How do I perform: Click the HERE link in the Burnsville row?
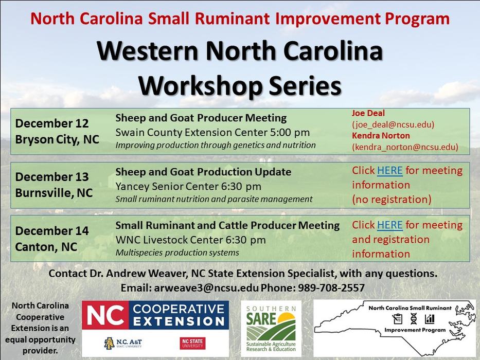click(x=389, y=171)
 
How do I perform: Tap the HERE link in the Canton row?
click(x=389, y=225)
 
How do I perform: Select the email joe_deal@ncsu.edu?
click(x=393, y=124)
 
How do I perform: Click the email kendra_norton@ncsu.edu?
click(x=405, y=147)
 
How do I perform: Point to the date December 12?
click(x=52, y=123)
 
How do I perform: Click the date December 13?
click(x=52, y=177)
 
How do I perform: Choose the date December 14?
click(x=52, y=231)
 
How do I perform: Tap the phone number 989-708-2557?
click(x=331, y=288)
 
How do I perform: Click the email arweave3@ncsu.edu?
click(x=206, y=288)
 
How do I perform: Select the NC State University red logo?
click(x=192, y=343)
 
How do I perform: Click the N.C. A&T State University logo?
click(x=123, y=343)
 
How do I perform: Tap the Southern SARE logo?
click(x=271, y=329)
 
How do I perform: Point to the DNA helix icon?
click(x=414, y=319)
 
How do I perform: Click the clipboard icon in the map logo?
click(x=397, y=319)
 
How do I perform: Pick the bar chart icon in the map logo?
click(x=430, y=319)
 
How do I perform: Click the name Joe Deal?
click(x=368, y=113)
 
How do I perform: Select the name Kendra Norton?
click(x=381, y=136)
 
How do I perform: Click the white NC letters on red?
click(x=105, y=315)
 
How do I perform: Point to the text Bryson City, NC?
click(x=57, y=139)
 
